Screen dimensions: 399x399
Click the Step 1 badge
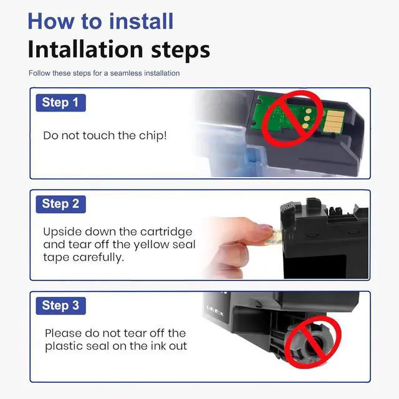click(61, 103)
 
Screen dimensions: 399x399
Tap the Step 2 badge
click(61, 204)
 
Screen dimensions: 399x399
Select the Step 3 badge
click(61, 306)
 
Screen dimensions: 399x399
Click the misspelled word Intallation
click(85, 49)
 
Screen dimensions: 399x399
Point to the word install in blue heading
click(142, 21)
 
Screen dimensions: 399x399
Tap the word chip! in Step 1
click(153, 136)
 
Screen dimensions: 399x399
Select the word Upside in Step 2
click(62, 233)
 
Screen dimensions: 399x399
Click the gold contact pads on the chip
click(335, 120)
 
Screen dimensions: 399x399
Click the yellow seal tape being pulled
click(276, 237)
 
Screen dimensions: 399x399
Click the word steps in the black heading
click(180, 50)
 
